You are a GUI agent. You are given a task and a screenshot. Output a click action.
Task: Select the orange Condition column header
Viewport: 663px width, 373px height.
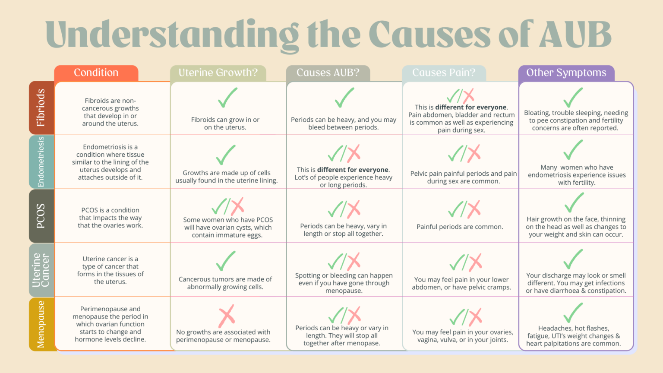click(x=96, y=73)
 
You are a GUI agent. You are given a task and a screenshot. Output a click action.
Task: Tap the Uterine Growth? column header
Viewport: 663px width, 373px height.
click(x=218, y=73)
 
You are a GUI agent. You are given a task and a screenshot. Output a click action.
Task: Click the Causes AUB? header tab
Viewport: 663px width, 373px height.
click(x=328, y=73)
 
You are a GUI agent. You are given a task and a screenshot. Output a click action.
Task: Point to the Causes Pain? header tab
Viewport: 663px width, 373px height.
click(x=444, y=73)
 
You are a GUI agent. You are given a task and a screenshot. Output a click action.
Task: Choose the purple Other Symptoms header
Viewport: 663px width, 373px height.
click(x=566, y=73)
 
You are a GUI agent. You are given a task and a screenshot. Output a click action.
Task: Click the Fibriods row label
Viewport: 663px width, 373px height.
click(x=41, y=107)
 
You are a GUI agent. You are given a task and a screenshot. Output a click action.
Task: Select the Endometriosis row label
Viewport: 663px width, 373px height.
click(x=41, y=162)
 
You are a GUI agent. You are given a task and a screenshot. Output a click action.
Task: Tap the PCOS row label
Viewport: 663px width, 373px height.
click(x=41, y=216)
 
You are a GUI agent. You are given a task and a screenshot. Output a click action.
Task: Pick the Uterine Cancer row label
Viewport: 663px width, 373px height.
click(x=41, y=270)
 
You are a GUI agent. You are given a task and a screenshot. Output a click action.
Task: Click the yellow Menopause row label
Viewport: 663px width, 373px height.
click(x=41, y=324)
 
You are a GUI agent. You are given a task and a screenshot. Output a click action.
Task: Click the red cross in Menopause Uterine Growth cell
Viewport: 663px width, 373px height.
click(x=226, y=316)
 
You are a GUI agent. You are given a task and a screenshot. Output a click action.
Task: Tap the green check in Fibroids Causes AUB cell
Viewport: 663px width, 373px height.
click(x=344, y=98)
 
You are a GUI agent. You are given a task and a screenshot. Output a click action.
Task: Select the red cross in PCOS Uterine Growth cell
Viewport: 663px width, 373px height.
click(x=237, y=206)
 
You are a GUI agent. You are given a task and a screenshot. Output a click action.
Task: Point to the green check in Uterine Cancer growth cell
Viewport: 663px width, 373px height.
click(x=225, y=261)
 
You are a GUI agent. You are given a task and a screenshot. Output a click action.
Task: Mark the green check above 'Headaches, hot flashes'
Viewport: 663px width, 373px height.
click(x=573, y=313)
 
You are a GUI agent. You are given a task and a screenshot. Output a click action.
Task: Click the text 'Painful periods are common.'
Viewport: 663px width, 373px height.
click(x=460, y=227)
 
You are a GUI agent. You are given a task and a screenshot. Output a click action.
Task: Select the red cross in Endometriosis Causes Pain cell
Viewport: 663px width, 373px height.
click(x=474, y=153)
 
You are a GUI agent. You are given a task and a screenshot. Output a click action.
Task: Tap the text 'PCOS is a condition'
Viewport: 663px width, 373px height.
click(x=110, y=210)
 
